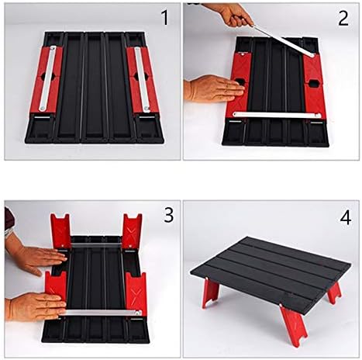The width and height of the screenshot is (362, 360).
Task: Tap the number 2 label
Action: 343,18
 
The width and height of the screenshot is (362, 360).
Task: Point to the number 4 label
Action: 345,217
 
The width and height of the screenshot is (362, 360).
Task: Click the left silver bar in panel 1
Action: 48,78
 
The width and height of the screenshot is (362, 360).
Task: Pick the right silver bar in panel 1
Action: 142,78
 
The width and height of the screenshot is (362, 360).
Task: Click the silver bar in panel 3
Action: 101,313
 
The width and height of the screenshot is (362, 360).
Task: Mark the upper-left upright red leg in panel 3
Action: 61,230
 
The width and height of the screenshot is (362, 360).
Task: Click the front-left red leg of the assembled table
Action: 211,292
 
